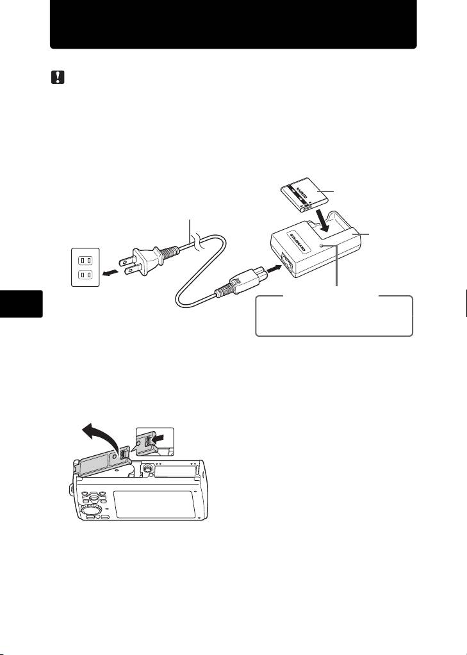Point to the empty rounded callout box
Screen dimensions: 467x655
pos(333,316)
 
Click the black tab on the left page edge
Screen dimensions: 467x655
pos(21,303)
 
